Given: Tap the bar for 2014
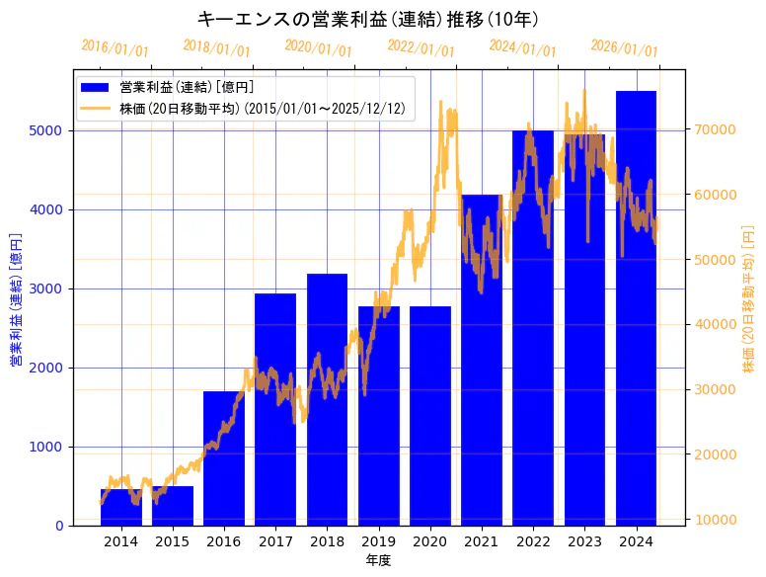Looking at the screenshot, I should pyautogui.click(x=121, y=507).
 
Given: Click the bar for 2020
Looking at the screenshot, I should pyautogui.click(x=429, y=415).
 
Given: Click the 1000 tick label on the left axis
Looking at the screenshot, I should pyautogui.click(x=46, y=447).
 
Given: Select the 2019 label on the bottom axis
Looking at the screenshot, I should pyautogui.click(x=378, y=541).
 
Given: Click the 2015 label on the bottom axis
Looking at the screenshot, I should pyautogui.click(x=173, y=541).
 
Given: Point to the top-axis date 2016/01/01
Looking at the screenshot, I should pyautogui.click(x=115, y=48).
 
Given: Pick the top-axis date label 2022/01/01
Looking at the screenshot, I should pyautogui.click(x=421, y=48).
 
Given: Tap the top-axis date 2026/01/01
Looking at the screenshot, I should pyautogui.click(x=624, y=48).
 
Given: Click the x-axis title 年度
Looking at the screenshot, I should pyautogui.click(x=378, y=560).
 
